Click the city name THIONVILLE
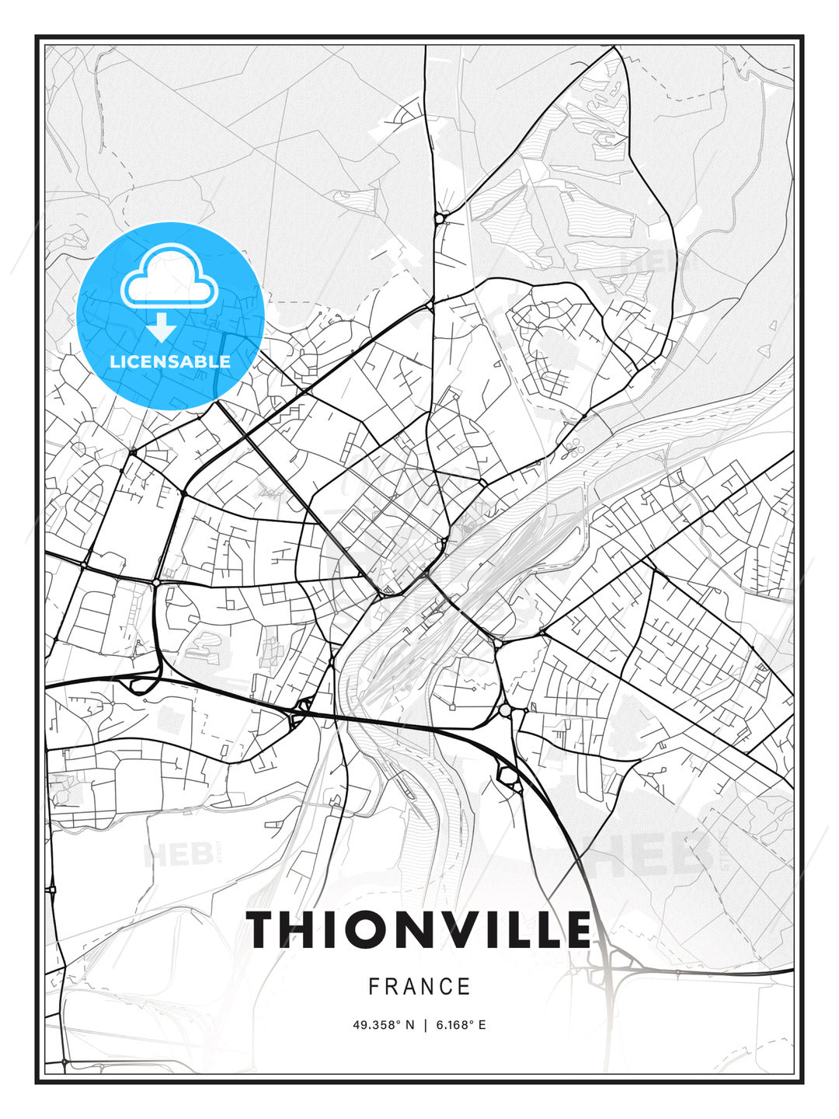pyautogui.click(x=419, y=929)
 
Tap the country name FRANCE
pyautogui.click(x=419, y=987)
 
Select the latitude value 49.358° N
pyautogui.click(x=384, y=1025)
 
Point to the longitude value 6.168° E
pyautogui.click(x=461, y=1025)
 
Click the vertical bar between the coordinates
pyautogui.click(x=425, y=1025)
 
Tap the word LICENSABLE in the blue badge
pyautogui.click(x=170, y=361)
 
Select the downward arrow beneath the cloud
pyautogui.click(x=162, y=327)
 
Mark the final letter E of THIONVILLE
pyautogui.click(x=576, y=929)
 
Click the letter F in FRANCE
pyautogui.click(x=374, y=987)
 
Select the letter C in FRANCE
pyautogui.click(x=444, y=987)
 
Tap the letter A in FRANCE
pyautogui.click(x=409, y=987)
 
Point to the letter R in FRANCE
pyautogui.click(x=391, y=987)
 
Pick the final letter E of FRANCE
pyautogui.click(x=465, y=987)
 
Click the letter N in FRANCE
pyautogui.click(x=426, y=987)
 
